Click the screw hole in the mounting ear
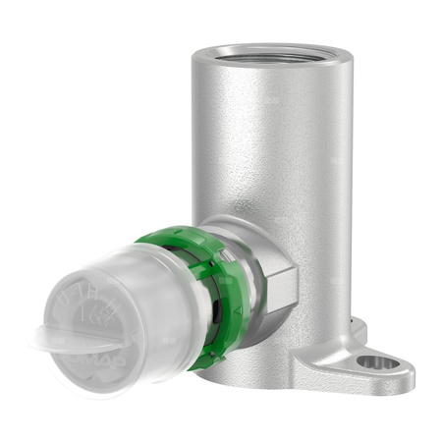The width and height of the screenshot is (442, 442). click(378, 363)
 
